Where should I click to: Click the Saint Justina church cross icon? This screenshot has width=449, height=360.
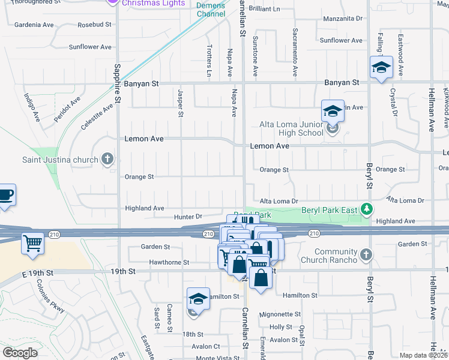point(107,159)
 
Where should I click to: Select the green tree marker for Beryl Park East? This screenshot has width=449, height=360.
point(366,209)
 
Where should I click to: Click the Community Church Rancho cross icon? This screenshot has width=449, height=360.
point(365,256)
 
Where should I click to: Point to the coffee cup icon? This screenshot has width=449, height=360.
point(5,195)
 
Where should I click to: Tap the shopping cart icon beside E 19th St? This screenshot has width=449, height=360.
point(32,243)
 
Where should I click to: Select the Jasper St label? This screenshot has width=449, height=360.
point(180,103)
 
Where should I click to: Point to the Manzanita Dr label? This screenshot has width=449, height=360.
point(343,19)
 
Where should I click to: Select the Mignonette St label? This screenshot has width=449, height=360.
point(280,314)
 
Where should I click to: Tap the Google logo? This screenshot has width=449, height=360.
point(20,352)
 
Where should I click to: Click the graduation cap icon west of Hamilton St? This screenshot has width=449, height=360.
point(198,298)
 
